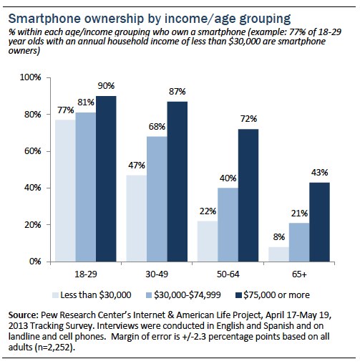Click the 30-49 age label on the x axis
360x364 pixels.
[x=157, y=274]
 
